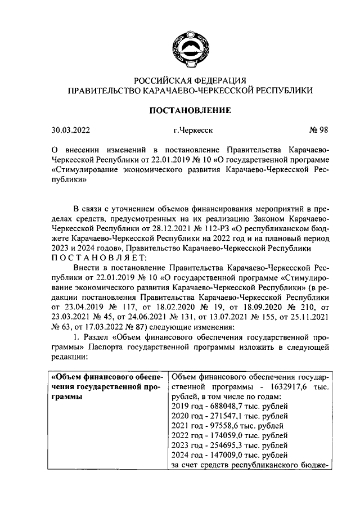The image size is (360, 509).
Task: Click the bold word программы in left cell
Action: [73, 397]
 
